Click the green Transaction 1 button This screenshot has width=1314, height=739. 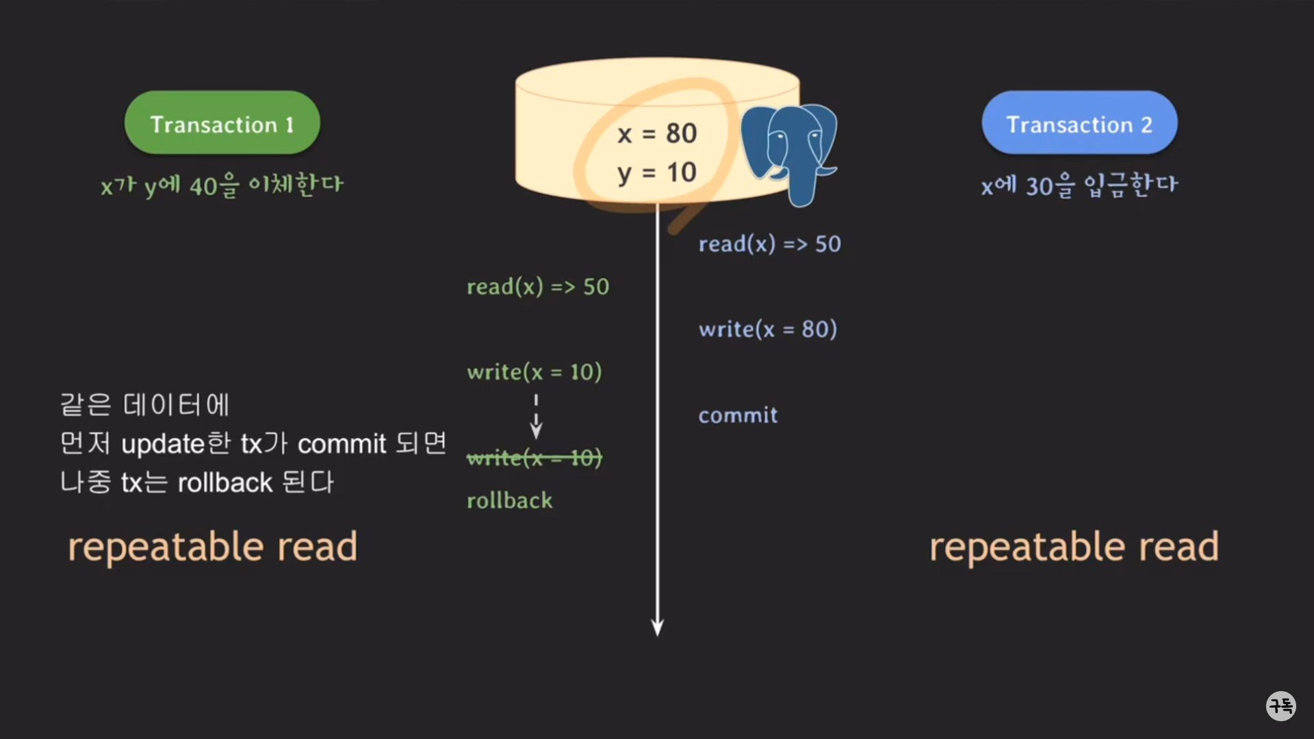[222, 123]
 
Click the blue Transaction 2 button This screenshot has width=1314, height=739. [1079, 123]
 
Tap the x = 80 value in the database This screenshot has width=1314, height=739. [656, 133]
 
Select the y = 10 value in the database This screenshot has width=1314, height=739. [656, 172]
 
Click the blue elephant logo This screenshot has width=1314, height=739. [790, 152]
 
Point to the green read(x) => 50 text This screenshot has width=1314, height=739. [537, 287]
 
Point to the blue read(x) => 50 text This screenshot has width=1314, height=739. [769, 244]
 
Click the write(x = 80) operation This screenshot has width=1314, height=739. [767, 330]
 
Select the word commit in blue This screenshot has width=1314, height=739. [738, 415]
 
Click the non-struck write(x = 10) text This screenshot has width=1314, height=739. [534, 372]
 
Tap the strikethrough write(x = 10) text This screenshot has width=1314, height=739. [534, 458]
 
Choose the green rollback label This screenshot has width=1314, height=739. [509, 501]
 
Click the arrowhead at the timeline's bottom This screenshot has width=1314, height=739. [657, 627]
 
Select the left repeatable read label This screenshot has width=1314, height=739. [212, 547]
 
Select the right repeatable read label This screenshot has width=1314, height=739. [1074, 547]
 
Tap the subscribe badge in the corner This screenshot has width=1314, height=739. [1280, 705]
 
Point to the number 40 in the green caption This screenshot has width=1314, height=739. [203, 186]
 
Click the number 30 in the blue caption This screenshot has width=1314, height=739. [1039, 186]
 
